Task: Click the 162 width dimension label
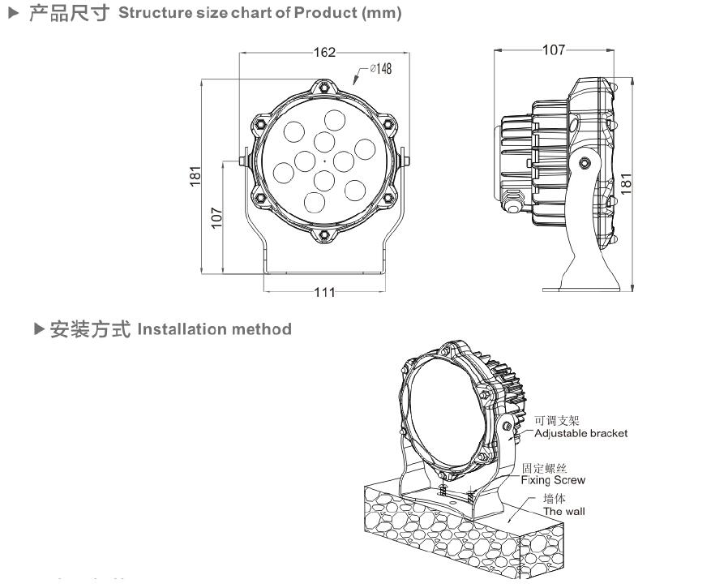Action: [324, 53]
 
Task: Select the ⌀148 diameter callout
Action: [380, 69]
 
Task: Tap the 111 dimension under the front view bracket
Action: [324, 293]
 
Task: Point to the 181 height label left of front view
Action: [195, 176]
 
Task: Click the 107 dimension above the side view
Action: [553, 50]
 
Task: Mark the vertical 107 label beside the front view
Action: [216, 217]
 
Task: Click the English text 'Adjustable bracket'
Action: [580, 433]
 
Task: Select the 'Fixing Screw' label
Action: [552, 480]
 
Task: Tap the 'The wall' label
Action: [563, 511]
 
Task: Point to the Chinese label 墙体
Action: [554, 499]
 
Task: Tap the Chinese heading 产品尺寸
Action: [69, 14]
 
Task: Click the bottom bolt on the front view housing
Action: [324, 234]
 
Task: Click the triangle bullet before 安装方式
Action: [39, 329]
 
